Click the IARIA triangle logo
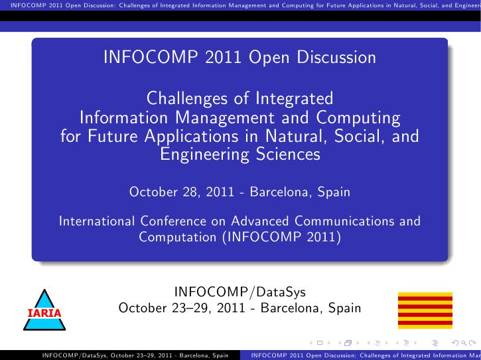click(x=44, y=310)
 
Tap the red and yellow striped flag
click(x=425, y=310)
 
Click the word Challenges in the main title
click(x=187, y=99)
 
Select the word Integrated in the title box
click(x=295, y=99)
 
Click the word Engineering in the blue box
click(x=204, y=154)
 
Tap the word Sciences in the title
click(x=289, y=154)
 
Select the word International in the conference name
click(x=97, y=221)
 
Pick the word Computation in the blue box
click(x=178, y=237)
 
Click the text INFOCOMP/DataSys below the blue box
click(x=240, y=292)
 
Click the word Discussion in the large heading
click(x=336, y=57)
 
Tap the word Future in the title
click(x=113, y=136)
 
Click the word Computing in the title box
click(x=358, y=118)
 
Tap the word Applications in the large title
click(x=192, y=137)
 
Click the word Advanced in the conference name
click(x=260, y=221)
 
